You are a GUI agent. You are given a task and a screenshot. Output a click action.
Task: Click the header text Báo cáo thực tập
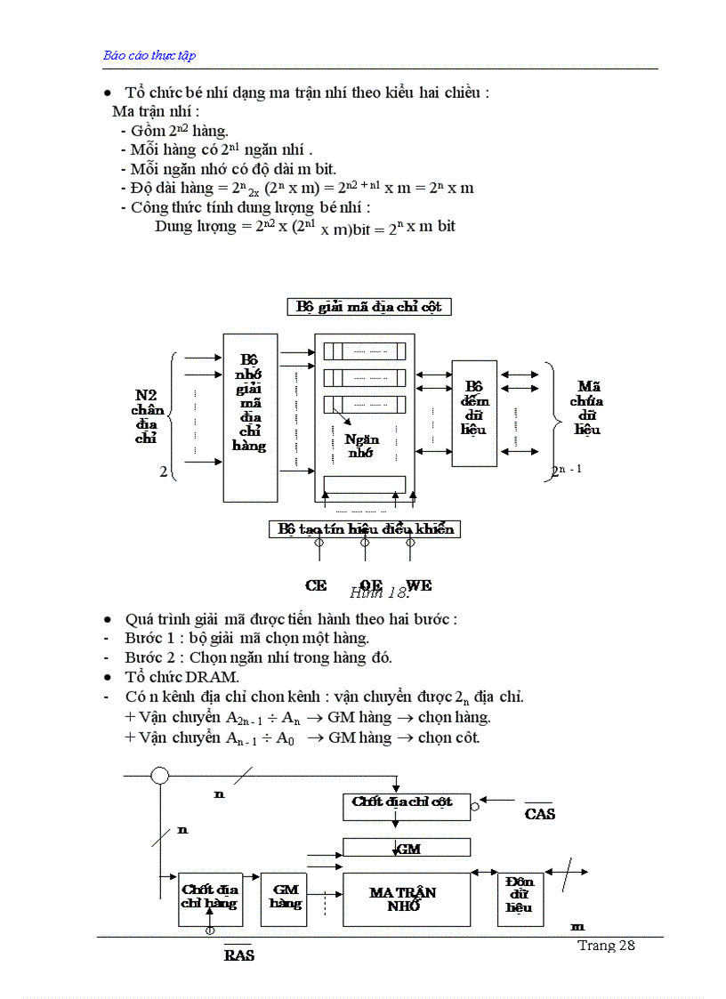pos(149,55)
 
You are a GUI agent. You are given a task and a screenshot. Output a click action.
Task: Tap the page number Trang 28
pos(606,946)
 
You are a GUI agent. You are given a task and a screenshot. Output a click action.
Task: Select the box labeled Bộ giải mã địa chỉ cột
pos(369,307)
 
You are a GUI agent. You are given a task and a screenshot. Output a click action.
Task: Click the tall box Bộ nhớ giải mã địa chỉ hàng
pos(250,406)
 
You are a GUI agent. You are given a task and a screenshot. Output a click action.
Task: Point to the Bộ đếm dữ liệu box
pos(474,413)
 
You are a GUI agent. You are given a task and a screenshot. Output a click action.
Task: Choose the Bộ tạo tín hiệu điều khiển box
pos(365,529)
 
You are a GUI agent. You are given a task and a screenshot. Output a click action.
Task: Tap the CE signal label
pos(316,585)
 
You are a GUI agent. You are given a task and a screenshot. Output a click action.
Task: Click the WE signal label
pos(419,585)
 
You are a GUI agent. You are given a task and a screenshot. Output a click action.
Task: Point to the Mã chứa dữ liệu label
pos(587,407)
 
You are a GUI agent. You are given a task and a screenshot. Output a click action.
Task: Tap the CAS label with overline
pos(539,813)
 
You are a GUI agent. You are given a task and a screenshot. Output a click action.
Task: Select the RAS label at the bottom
pos(238,955)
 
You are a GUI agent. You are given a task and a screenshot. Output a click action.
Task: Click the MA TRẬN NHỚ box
pos(407,898)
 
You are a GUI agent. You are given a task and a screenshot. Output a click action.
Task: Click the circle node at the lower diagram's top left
pos(159,776)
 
